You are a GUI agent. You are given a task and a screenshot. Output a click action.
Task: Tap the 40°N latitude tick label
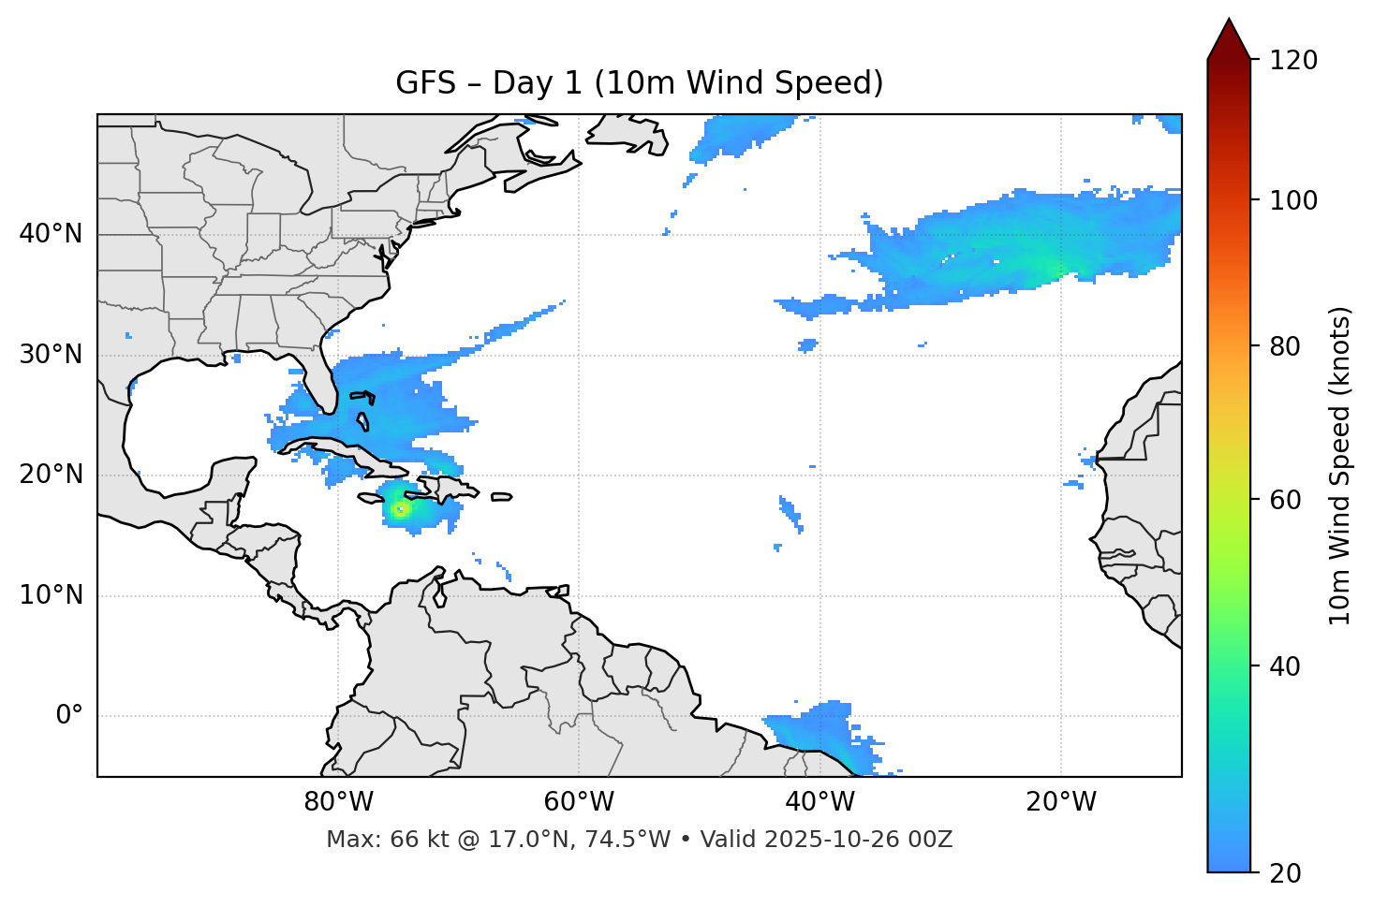(51, 234)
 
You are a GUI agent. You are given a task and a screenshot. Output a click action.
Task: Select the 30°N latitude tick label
(51, 355)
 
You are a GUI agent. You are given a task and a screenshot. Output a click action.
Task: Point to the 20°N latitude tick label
(51, 475)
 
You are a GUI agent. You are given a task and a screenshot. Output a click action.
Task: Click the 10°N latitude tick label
(51, 595)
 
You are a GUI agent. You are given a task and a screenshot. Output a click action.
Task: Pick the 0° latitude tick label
(68, 716)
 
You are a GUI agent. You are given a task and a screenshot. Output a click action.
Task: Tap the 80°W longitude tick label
(338, 802)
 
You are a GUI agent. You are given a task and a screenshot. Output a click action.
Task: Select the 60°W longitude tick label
(579, 802)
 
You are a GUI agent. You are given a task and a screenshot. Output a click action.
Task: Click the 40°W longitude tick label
(819, 802)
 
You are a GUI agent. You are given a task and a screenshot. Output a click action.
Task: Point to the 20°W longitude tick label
(1060, 802)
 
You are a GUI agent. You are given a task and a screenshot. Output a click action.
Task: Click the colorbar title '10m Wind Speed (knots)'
(1340, 465)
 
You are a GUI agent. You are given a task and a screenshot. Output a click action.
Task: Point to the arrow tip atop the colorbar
(1229, 21)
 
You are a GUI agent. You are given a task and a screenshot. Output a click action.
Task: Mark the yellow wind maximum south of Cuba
(400, 509)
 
